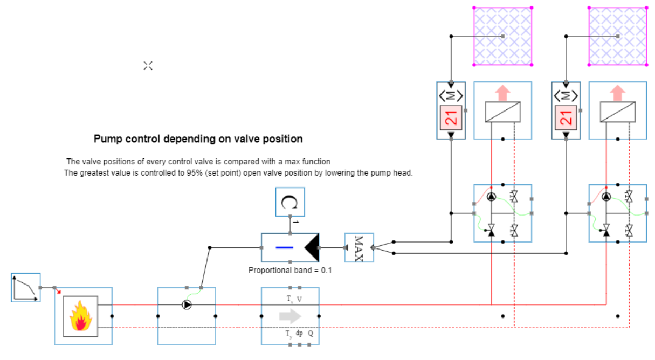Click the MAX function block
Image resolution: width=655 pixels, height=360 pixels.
359,248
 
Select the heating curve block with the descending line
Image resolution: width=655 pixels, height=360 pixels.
26,288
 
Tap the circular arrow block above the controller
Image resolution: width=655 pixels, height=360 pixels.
290,202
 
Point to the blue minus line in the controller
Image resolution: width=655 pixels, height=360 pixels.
284,248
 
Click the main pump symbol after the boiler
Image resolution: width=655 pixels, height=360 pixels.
187,305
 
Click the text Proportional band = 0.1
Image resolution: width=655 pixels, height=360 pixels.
289,270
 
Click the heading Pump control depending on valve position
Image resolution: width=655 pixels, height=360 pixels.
198,139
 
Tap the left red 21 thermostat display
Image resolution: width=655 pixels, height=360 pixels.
451,116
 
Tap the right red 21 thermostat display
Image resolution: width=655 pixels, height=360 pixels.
566,116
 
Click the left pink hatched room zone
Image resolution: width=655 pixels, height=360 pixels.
503,36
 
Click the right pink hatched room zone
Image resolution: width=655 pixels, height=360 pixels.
618,36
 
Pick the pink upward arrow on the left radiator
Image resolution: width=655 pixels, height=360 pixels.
502,93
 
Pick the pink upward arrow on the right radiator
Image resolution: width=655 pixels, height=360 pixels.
618,93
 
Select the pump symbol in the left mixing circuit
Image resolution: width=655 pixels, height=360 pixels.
491,197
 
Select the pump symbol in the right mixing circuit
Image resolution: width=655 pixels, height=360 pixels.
606,197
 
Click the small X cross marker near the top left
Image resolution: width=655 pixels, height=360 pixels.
148,66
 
